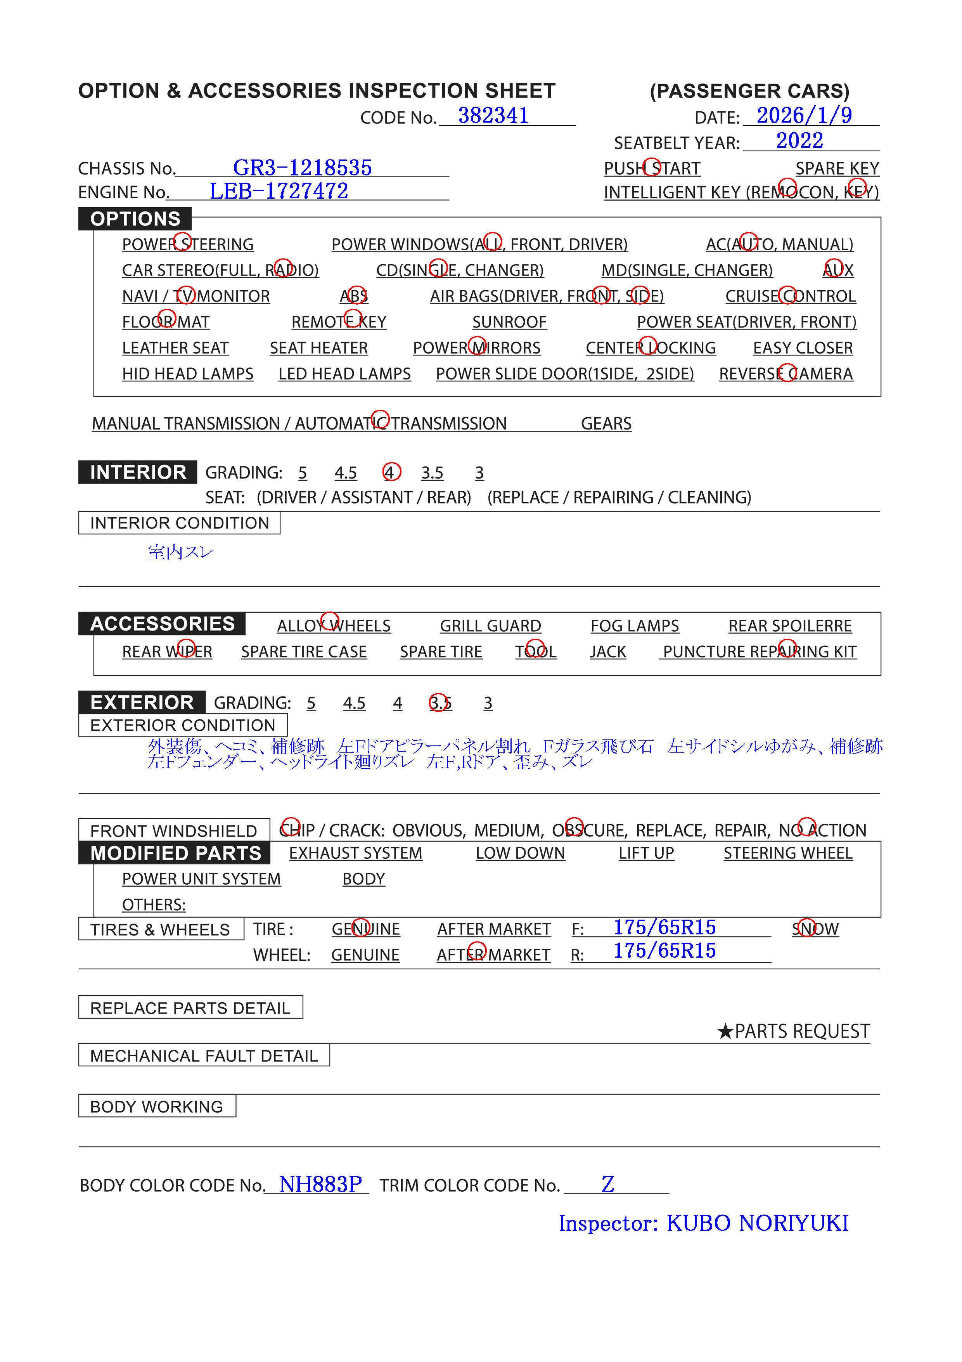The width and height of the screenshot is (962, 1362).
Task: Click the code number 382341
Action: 493,116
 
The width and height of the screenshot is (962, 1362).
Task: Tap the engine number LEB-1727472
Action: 279,191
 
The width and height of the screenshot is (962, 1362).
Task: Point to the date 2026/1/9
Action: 804,116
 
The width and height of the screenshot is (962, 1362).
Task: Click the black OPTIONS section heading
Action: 135,219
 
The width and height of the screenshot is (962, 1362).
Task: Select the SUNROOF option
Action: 509,322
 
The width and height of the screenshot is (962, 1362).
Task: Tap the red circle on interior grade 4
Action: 391,472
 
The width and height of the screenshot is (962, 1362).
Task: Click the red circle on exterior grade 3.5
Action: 439,703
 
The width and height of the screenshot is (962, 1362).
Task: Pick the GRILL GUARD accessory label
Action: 490,626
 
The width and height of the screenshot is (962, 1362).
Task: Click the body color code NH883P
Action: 320,1185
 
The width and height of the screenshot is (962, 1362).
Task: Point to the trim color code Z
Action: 607,1185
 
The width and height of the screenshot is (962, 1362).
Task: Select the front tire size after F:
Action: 664,927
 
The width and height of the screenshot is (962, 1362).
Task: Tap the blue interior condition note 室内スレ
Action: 180,552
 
